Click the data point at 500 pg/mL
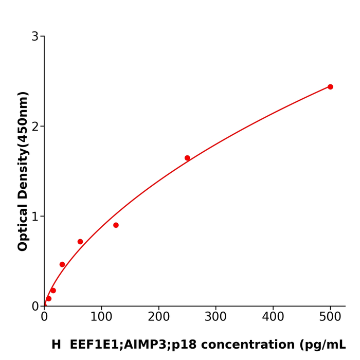pyautogui.click(x=330, y=87)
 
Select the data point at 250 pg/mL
pyautogui.click(x=187, y=158)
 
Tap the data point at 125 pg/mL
pyautogui.click(x=116, y=225)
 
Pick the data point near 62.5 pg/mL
pyautogui.click(x=80, y=242)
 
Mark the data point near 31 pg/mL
pyautogui.click(x=62, y=264)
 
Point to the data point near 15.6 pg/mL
pyautogui.click(x=53, y=291)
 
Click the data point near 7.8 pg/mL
pyautogui.click(x=49, y=299)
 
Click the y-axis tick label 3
pyautogui.click(x=35, y=37)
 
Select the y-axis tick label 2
pyautogui.click(x=35, y=127)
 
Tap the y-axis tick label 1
pyautogui.click(x=35, y=217)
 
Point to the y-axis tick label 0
pyautogui.click(x=35, y=307)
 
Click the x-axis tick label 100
pyautogui.click(x=101, y=317)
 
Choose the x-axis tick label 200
pyautogui.click(x=158, y=317)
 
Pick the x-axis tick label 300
pyautogui.click(x=215, y=317)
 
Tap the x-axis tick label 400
pyautogui.click(x=273, y=317)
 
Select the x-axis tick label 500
pyautogui.click(x=330, y=317)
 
